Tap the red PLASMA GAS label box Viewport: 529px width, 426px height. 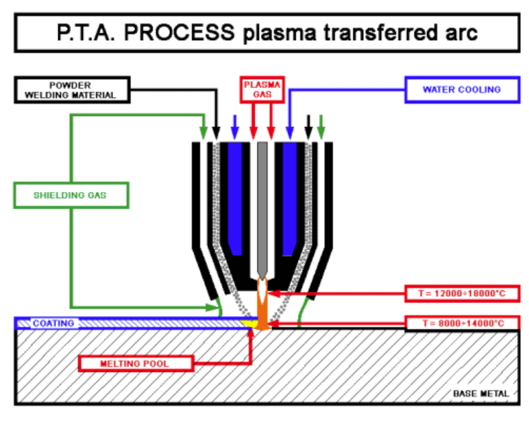point(261,88)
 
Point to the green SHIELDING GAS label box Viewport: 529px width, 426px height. point(70,195)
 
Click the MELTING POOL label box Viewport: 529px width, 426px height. point(134,363)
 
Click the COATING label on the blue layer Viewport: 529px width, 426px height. point(53,323)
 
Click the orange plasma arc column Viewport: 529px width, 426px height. point(263,313)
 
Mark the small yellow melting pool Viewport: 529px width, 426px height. point(249,323)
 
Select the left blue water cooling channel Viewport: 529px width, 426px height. point(235,197)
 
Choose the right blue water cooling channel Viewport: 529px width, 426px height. point(289,197)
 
